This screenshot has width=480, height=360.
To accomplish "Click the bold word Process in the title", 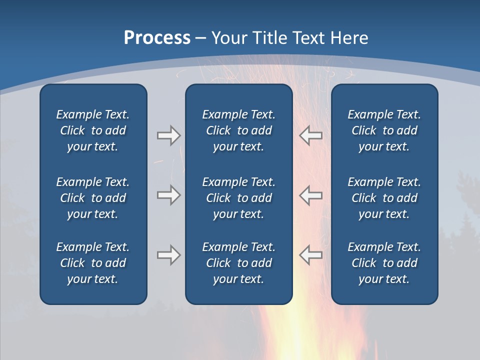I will [157, 38].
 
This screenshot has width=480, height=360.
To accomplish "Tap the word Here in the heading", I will [349, 38].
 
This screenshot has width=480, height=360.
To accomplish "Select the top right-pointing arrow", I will [168, 135].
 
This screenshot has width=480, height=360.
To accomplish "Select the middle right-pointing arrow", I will [168, 195].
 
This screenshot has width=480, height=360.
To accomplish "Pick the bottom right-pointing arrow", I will [168, 255].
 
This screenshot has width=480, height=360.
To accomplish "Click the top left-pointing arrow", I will [310, 135].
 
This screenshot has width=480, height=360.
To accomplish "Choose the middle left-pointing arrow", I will [310, 195].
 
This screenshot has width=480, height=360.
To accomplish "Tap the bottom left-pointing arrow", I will [310, 255].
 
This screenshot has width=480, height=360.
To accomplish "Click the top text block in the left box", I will [93, 130].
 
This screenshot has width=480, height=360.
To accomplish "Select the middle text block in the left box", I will [93, 198].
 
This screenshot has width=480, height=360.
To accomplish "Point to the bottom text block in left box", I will [93, 263].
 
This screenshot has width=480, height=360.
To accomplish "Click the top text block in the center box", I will [238, 130].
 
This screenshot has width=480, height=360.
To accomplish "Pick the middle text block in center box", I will [238, 198].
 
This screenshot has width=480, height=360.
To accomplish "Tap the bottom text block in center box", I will [238, 263].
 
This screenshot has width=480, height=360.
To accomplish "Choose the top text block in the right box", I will [384, 130].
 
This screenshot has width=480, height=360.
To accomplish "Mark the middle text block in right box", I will [384, 198].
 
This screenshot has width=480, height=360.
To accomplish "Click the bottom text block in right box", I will [384, 263].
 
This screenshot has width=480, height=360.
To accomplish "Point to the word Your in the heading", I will [229, 38].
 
